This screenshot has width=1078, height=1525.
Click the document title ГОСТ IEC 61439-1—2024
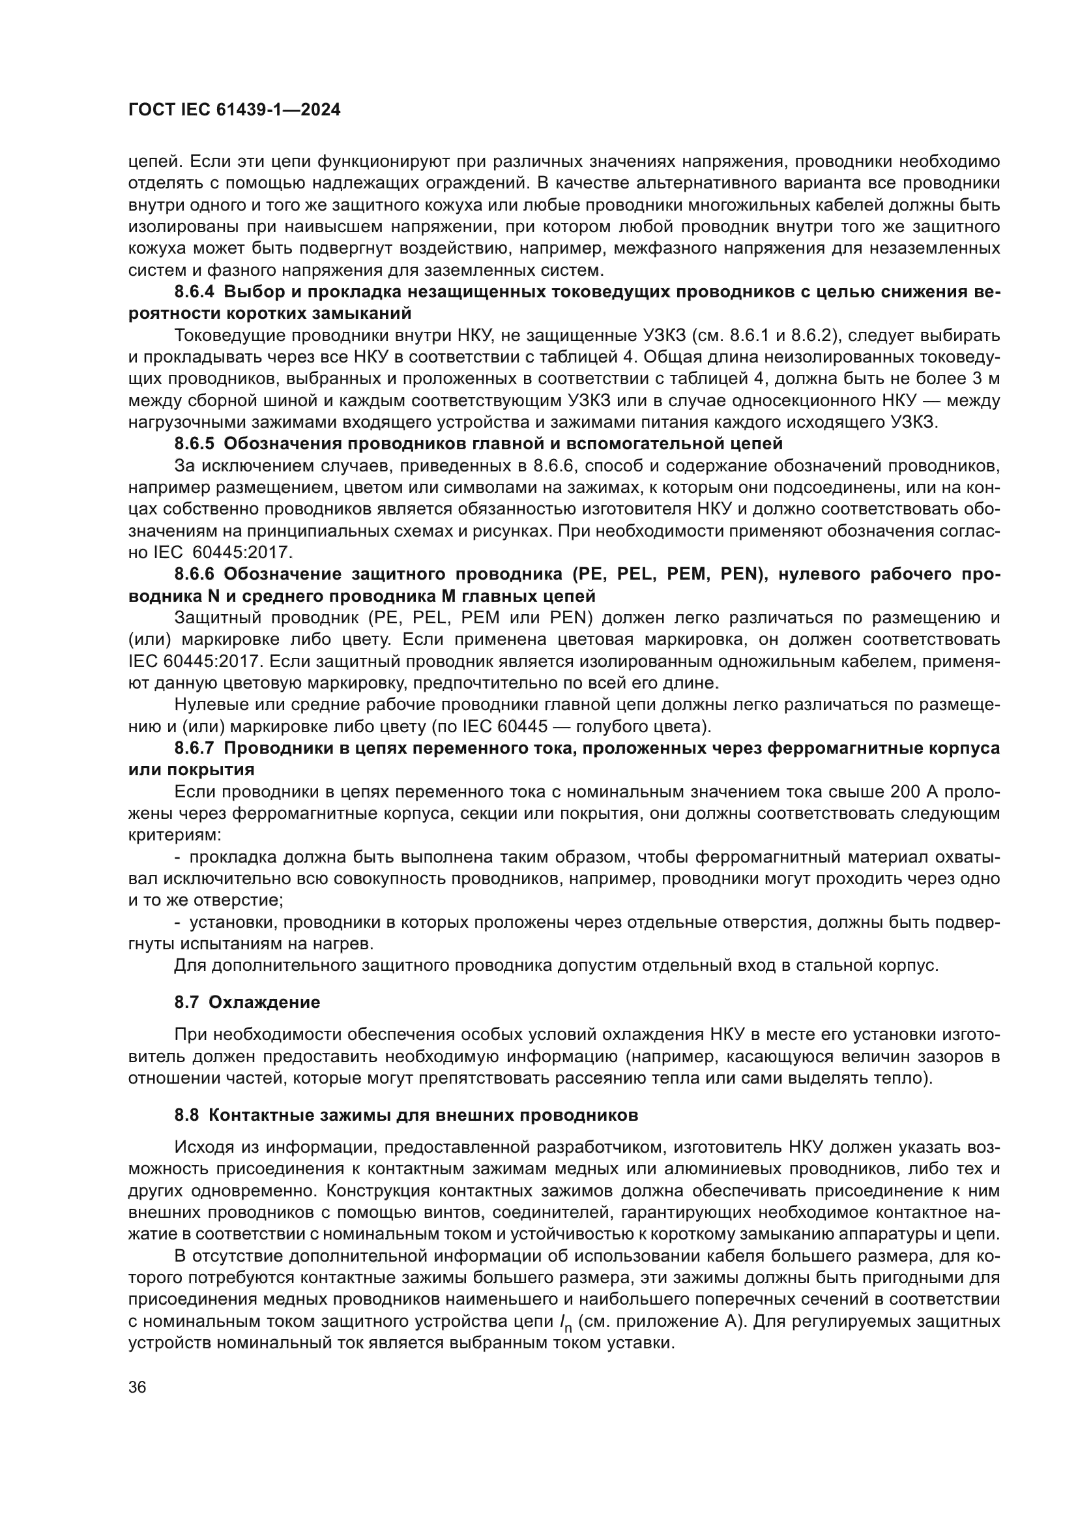[235, 110]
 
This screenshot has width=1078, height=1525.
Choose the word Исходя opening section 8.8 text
[196, 1147]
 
